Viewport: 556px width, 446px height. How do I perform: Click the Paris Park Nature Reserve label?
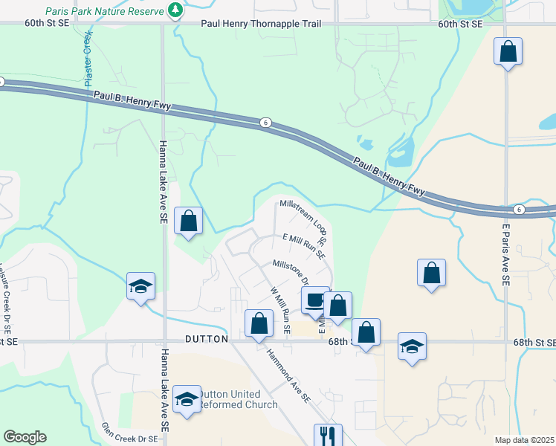click(103, 11)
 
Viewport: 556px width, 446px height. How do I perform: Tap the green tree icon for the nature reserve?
click(175, 10)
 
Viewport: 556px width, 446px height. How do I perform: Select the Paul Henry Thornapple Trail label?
click(261, 24)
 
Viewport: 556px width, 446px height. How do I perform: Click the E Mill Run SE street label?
click(304, 246)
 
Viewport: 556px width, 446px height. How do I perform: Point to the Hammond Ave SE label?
click(288, 376)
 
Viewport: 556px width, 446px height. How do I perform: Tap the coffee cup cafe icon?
click(314, 300)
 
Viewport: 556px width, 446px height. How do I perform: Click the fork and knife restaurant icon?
click(328, 436)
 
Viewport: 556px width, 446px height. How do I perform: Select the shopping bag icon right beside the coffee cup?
click(337, 305)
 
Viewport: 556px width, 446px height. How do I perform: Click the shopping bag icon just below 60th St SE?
click(508, 51)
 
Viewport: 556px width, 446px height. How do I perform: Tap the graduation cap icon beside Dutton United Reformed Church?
click(187, 399)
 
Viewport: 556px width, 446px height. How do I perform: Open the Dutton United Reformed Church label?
click(240, 399)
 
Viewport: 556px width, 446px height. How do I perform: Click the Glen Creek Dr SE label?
click(131, 439)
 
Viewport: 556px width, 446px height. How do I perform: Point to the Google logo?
click(25, 437)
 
